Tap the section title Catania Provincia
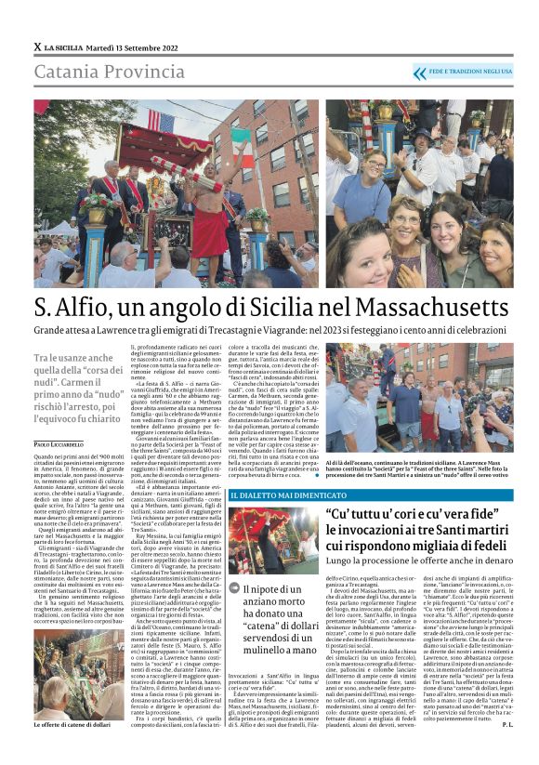[98, 73]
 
